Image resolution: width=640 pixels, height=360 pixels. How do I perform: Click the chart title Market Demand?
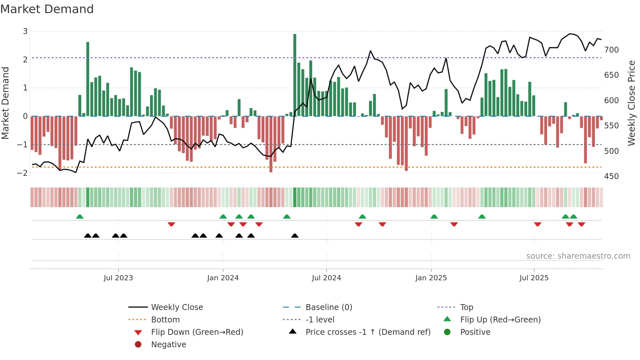[x=47, y=9]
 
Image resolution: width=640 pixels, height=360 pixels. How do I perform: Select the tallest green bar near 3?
[x=295, y=75]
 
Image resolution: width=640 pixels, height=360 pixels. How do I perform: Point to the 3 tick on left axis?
[x=25, y=31]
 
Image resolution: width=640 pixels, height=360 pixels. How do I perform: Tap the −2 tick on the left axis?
[x=23, y=173]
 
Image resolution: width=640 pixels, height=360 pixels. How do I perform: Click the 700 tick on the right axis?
[x=611, y=50]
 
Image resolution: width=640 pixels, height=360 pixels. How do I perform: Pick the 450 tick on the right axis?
[x=611, y=176]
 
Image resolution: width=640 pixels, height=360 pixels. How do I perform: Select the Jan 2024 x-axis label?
[x=223, y=278]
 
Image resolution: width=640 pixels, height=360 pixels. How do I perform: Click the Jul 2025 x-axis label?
[x=534, y=278]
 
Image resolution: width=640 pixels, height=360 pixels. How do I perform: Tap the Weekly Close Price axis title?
[x=632, y=103]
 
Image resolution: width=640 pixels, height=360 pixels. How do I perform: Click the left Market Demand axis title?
[x=5, y=103]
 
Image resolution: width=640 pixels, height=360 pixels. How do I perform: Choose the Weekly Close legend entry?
[x=177, y=307]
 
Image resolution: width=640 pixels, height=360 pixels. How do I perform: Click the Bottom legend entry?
[x=165, y=320]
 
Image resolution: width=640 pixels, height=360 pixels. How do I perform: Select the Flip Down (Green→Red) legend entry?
[x=197, y=332]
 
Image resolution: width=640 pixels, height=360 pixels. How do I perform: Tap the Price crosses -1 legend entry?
[x=368, y=332]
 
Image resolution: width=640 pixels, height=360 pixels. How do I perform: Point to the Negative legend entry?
[x=168, y=345]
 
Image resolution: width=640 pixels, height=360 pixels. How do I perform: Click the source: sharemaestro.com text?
[x=578, y=256]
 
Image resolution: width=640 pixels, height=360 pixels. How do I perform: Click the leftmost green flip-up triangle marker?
[x=80, y=217]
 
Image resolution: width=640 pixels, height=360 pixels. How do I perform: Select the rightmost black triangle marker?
[x=295, y=236]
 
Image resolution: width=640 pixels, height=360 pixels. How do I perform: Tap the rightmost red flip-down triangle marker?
[x=581, y=224]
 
